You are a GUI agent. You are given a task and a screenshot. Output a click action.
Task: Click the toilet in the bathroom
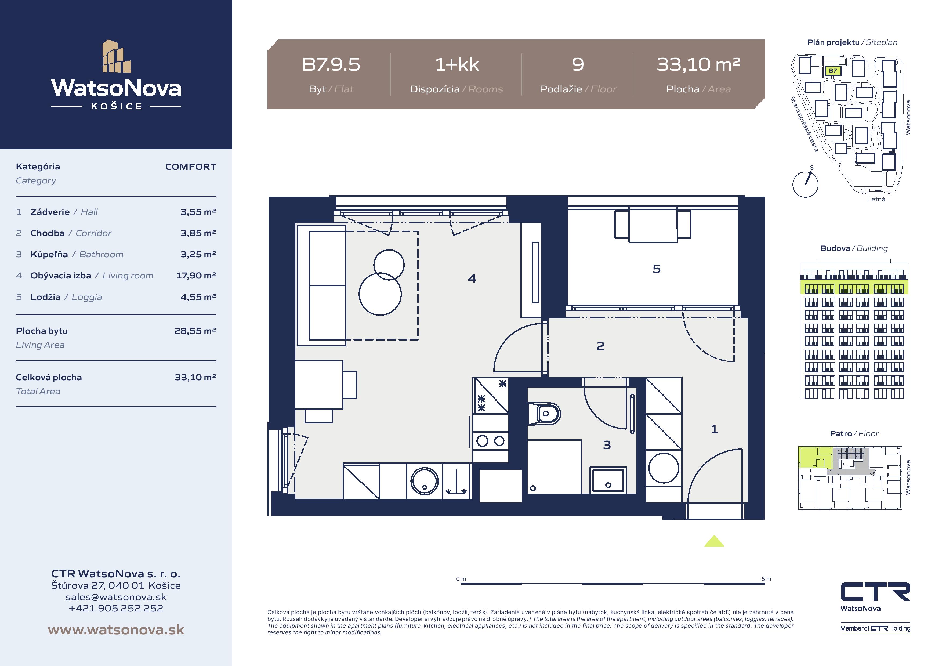544,414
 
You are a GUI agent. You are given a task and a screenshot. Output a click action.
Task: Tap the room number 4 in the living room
472,279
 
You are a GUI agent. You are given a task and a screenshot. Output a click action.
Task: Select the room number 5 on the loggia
657,269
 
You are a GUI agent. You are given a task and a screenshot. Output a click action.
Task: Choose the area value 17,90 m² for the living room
196,275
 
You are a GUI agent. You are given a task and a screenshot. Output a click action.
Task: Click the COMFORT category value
190,166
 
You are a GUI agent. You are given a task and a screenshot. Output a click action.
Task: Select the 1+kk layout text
457,64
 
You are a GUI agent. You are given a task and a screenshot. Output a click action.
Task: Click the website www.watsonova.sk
116,629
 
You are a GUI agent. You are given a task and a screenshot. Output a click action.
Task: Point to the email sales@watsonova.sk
116,597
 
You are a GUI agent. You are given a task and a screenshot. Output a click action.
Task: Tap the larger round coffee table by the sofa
380,294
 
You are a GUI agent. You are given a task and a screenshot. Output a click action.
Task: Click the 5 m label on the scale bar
766,579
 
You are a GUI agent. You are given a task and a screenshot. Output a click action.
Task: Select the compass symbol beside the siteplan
805,183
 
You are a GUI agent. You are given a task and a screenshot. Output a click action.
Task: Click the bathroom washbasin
608,480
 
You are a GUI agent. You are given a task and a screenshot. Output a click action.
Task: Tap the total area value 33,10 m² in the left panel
195,377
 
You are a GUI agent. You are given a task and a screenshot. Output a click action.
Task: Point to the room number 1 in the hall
714,429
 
